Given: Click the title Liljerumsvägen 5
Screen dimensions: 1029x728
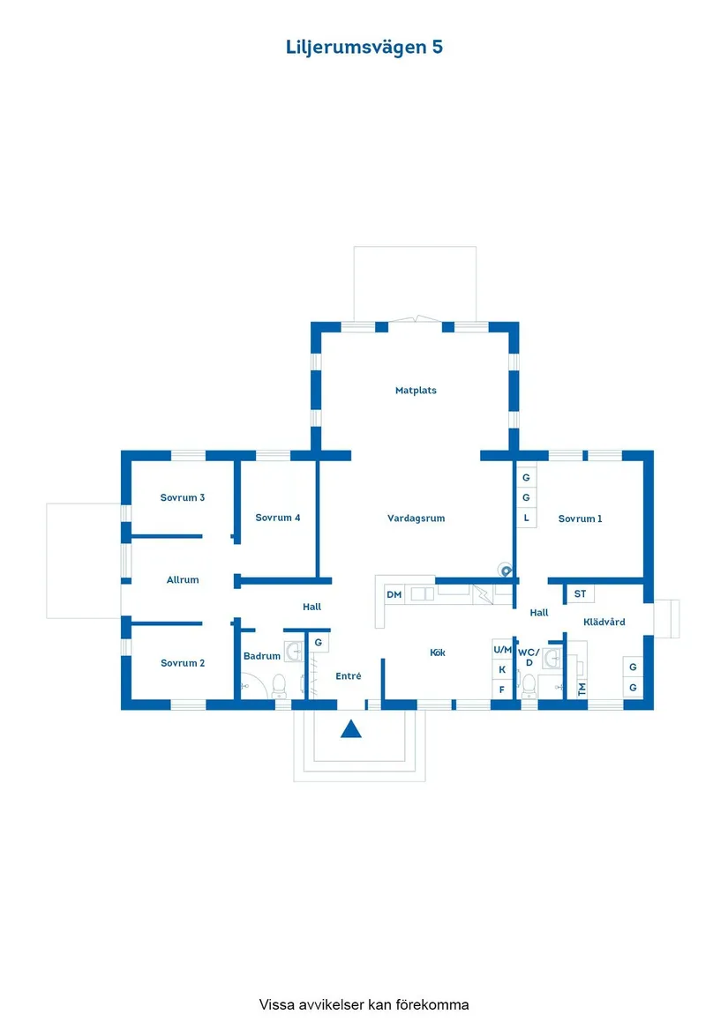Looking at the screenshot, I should click(x=364, y=48).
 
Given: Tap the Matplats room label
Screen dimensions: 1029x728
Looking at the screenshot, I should click(x=416, y=390).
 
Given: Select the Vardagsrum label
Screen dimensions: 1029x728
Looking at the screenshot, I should click(x=416, y=518).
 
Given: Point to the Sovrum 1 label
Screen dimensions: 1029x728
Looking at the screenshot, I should click(x=580, y=518).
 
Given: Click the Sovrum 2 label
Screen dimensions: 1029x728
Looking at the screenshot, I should click(x=183, y=663).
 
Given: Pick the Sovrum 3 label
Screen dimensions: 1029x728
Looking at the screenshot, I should click(x=183, y=497).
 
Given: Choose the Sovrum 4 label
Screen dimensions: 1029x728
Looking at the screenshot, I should click(x=278, y=518).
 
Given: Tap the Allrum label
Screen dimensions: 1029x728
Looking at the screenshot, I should click(x=183, y=579).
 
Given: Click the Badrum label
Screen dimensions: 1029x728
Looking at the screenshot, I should click(x=262, y=656).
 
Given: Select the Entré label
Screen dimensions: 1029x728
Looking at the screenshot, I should click(x=349, y=676).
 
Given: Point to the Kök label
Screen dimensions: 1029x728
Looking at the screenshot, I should click(x=438, y=652).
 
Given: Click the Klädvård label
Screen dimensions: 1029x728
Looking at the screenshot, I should click(x=604, y=622).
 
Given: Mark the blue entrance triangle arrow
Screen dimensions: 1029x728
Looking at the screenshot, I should click(x=352, y=729).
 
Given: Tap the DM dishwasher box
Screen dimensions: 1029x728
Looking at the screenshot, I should click(x=394, y=595).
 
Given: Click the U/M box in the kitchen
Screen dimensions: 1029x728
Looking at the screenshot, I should click(x=502, y=649).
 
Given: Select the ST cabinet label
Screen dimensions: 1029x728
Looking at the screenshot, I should click(x=580, y=594).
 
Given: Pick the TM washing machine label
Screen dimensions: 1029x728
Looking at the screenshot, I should click(x=582, y=690).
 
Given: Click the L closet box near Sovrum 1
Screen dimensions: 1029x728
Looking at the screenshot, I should click(x=526, y=518).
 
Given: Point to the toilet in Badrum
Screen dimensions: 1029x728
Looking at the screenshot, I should click(x=279, y=684).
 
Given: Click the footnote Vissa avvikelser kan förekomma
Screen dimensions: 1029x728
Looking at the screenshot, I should click(x=364, y=1004).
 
